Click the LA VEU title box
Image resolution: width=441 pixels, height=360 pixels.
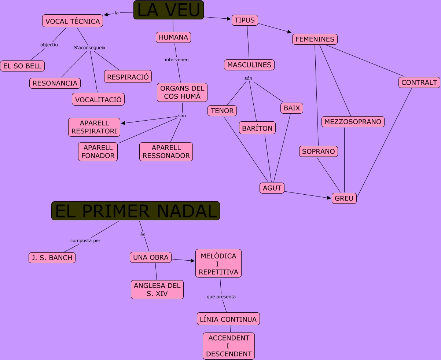[x=168, y=10]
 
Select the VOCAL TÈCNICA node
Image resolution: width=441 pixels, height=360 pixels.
[x=73, y=21]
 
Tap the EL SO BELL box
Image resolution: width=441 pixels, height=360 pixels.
[x=22, y=66]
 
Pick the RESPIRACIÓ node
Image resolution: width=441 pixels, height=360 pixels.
[x=128, y=77]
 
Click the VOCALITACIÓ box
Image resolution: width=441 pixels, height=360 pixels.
[x=98, y=99]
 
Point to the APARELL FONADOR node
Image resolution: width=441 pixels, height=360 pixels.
[x=98, y=152]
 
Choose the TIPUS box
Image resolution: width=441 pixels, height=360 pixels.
[x=245, y=20]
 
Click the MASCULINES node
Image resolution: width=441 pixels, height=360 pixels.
[x=249, y=65]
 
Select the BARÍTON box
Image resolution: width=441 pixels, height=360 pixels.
[x=257, y=128]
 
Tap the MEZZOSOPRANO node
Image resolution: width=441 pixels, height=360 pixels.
[x=353, y=122]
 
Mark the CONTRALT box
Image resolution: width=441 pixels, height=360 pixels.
[x=419, y=82]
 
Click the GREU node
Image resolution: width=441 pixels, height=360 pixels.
[x=344, y=198]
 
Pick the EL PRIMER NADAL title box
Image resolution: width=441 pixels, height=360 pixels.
[x=136, y=211]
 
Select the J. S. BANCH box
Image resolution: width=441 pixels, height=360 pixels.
[x=52, y=258]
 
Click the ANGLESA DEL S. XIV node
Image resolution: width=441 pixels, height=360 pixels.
[x=157, y=290]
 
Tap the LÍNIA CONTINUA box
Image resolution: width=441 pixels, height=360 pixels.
[x=228, y=319]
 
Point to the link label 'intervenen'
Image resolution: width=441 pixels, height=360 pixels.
[x=177, y=59]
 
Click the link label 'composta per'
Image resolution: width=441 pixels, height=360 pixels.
[x=85, y=240]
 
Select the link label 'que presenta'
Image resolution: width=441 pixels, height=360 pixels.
[x=221, y=297]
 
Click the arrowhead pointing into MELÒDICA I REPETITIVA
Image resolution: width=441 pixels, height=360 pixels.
[x=193, y=261]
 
